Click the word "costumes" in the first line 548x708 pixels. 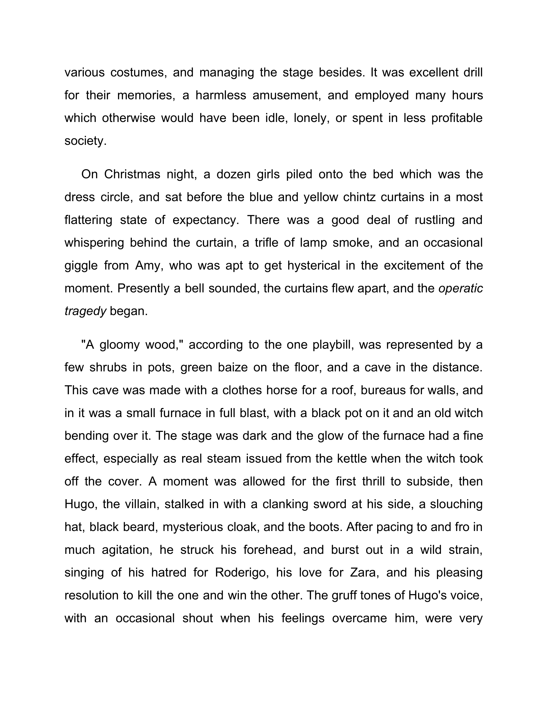139,73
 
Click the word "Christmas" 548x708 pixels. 132,174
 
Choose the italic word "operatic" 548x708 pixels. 461,288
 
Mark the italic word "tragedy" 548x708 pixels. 85,311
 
